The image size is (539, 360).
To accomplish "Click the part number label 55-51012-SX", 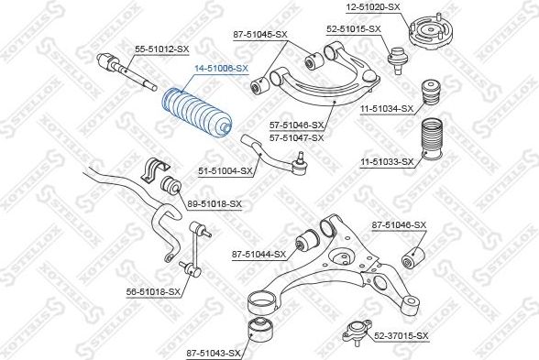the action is (161, 49).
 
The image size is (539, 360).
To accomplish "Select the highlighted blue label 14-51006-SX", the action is (222, 69).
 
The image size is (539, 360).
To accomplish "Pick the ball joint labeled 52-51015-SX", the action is (398, 60).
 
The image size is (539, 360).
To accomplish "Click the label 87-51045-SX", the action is (260, 35).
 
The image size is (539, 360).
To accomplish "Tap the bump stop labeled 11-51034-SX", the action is (431, 92).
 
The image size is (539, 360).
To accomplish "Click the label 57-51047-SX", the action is (297, 137).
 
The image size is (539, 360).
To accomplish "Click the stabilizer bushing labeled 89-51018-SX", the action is (170, 185).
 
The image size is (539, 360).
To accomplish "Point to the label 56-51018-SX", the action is (153, 292).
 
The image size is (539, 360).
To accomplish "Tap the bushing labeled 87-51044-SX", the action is (307, 239).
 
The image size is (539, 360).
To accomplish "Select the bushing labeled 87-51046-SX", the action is (413, 257).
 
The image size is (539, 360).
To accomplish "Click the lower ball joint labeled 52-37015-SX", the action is (357, 331).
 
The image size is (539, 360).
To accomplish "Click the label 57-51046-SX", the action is (297, 125).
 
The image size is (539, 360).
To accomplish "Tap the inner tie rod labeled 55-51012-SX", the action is (126, 71).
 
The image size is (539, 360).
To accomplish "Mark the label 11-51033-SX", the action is (387, 161).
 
